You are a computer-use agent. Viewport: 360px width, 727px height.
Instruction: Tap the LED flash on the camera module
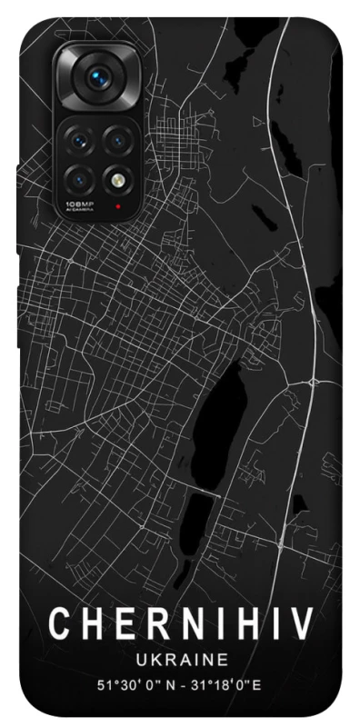click(117, 174)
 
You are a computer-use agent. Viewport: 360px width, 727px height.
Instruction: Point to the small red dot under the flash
click(117, 205)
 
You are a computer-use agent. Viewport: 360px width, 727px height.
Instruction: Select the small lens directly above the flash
click(117, 140)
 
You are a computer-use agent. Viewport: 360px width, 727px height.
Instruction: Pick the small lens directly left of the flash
click(80, 174)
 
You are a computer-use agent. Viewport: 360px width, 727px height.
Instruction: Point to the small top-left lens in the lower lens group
click(80, 140)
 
